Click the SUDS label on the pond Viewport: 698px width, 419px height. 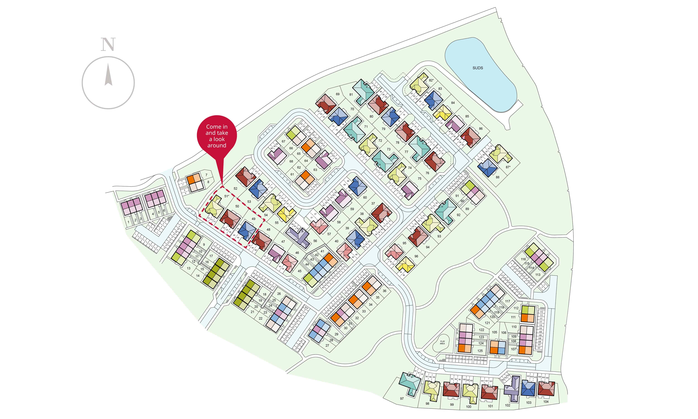tap(478, 68)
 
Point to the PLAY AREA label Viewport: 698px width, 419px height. tap(442, 342)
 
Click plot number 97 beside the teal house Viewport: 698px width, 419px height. tap(402, 399)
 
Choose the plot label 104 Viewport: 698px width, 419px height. tap(546, 402)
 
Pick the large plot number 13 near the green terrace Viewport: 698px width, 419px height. tap(188, 268)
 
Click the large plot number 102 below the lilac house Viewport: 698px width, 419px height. tap(508, 405)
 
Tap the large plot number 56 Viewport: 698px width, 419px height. tap(315, 241)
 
